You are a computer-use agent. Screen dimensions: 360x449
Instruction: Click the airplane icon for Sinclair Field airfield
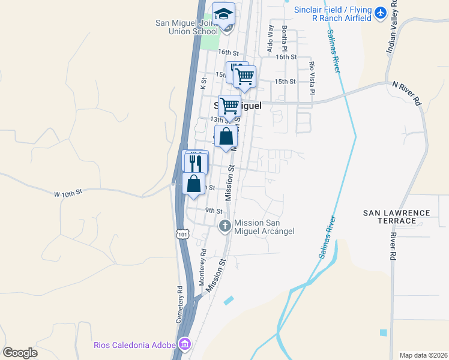[x=380, y=12]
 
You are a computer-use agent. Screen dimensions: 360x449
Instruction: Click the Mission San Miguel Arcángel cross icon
[x=224, y=226]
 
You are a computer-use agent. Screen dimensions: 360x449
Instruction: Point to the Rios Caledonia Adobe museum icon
[x=185, y=344]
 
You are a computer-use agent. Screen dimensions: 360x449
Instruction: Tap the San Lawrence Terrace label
[x=397, y=217]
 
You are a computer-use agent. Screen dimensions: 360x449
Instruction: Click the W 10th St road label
[x=67, y=194]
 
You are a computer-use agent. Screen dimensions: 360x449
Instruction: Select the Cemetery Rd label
[x=179, y=304]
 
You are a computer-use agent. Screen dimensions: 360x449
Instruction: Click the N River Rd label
[x=408, y=94]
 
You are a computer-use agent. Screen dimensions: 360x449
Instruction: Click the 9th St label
[x=214, y=211]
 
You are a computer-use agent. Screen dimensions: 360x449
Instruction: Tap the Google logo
[x=20, y=353]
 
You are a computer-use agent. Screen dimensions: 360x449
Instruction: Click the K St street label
[x=203, y=82]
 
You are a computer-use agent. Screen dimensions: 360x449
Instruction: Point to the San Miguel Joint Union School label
[x=186, y=28]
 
